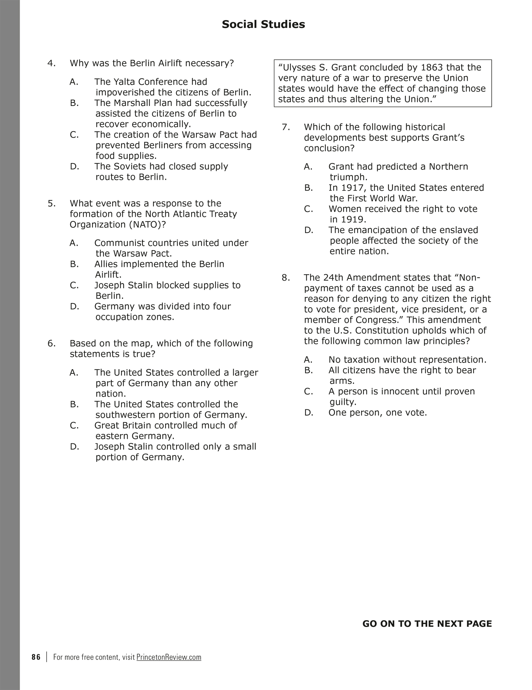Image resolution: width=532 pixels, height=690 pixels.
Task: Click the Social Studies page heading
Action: click(x=263, y=25)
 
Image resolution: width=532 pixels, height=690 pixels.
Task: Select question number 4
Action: click(x=51, y=63)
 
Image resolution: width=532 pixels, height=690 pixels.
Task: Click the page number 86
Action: click(x=36, y=657)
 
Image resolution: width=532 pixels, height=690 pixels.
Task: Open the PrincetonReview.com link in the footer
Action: click(x=169, y=657)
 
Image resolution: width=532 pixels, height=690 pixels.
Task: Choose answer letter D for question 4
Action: click(x=74, y=167)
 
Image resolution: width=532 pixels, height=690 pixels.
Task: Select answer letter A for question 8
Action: click(x=308, y=360)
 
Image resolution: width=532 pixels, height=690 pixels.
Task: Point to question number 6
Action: click(x=51, y=344)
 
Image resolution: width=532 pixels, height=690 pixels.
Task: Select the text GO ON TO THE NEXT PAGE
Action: click(x=427, y=624)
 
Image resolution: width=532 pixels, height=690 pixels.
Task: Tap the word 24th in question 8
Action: click(x=333, y=278)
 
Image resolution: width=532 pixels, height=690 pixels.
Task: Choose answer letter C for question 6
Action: click(x=74, y=426)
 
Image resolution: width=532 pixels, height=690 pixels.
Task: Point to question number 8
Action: click(x=285, y=278)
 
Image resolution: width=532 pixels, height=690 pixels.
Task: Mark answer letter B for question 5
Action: click(x=74, y=264)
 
